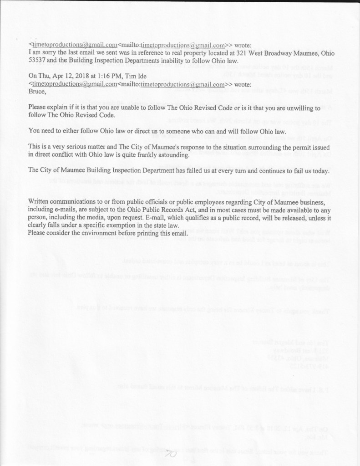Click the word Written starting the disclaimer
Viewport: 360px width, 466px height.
click(40, 202)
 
